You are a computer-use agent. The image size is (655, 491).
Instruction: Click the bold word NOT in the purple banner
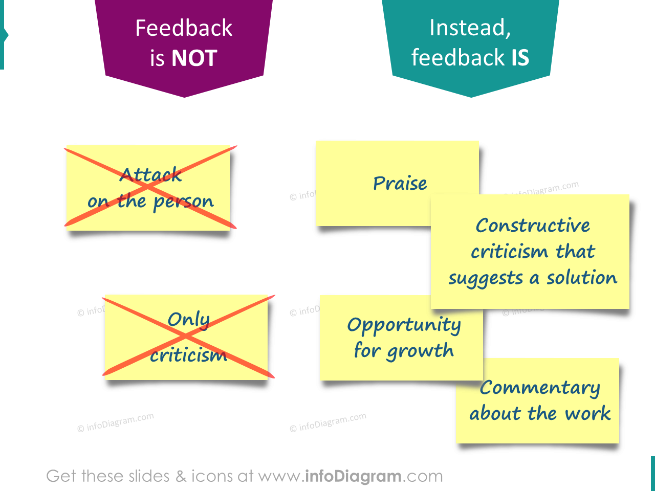point(194,58)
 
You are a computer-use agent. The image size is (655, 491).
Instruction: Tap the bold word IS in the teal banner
point(520,57)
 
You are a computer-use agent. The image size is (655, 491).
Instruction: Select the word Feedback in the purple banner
point(184,28)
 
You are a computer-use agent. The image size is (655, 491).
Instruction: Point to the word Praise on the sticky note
point(400,183)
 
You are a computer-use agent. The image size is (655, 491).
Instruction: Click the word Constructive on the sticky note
point(533,226)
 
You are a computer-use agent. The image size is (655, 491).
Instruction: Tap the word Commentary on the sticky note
point(540,388)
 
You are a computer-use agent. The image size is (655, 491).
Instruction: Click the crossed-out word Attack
point(150,175)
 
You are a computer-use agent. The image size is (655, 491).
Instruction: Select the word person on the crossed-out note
point(183,202)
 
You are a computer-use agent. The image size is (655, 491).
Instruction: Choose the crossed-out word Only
point(188,320)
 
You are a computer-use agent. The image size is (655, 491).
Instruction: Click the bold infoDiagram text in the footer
point(353,476)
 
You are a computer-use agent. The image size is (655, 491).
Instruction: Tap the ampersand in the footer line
point(181,476)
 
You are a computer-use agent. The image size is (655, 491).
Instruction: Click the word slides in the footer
point(149,476)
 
